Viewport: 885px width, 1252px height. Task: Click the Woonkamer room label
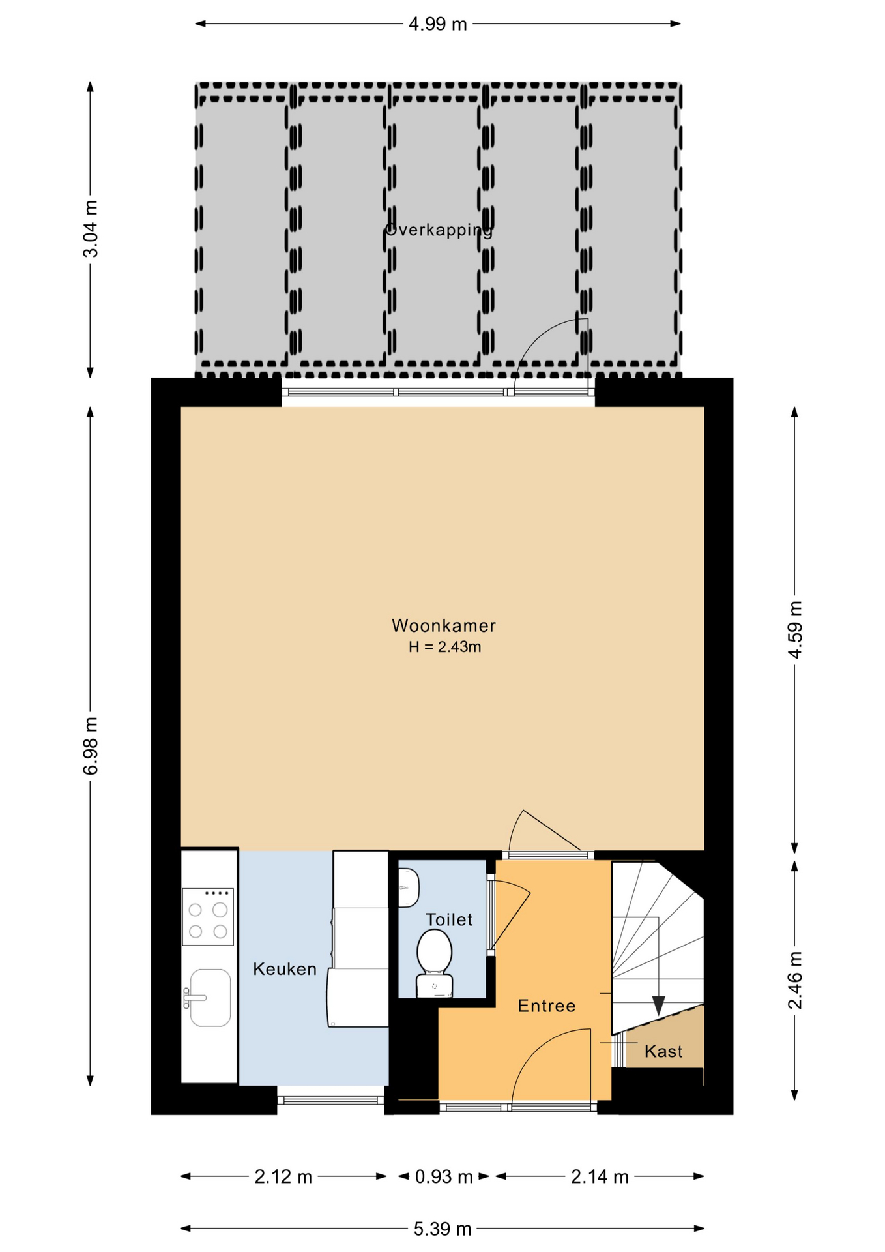coord(443,626)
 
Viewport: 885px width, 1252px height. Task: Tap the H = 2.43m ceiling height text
coord(444,648)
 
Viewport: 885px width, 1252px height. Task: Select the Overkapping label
coord(439,230)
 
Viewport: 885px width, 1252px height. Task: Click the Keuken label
coord(285,969)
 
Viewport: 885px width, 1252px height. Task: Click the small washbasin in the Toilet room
coord(408,887)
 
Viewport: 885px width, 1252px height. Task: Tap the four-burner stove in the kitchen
coord(208,917)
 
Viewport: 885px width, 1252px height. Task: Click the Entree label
coord(547,1006)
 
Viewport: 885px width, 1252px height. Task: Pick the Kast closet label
coord(663,1051)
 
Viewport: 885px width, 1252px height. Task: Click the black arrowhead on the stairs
coord(658,1006)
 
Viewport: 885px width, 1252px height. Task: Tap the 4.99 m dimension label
coord(438,24)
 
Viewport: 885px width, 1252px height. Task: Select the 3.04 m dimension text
coord(91,229)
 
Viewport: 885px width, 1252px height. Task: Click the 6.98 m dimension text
coord(91,746)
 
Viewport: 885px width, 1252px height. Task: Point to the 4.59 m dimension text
coord(795,630)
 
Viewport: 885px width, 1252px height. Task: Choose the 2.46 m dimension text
coord(795,981)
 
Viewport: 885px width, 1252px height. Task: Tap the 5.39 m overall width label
coord(442,1229)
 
